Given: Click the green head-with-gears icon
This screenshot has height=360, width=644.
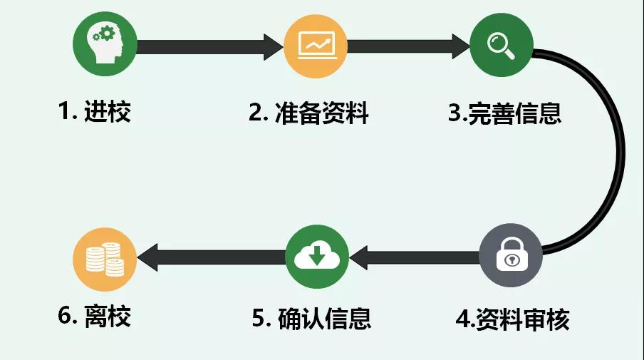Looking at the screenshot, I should click(x=105, y=46).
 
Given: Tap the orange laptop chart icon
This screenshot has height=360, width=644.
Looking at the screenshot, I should click(x=316, y=46).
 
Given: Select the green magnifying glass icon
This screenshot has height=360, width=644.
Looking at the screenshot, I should click(x=500, y=46).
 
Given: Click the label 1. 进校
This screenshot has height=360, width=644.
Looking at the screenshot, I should click(x=95, y=112).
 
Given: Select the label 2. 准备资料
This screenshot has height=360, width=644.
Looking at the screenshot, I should click(x=308, y=113).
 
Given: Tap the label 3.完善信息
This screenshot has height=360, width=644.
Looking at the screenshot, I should click(x=504, y=113).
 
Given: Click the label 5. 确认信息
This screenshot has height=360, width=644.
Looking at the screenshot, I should click(x=312, y=318).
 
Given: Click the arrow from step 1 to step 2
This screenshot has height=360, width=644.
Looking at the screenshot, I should click(x=210, y=47).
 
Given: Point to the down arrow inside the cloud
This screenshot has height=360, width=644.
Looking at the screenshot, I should click(x=318, y=255).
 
